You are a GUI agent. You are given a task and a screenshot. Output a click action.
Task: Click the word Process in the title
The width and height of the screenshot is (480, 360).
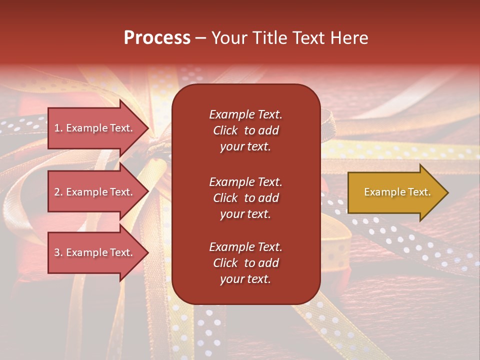tap(157, 38)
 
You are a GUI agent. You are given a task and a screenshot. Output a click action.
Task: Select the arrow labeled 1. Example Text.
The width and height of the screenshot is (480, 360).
tap(95, 128)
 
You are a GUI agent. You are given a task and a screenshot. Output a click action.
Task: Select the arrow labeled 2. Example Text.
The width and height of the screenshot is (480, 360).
tap(95, 192)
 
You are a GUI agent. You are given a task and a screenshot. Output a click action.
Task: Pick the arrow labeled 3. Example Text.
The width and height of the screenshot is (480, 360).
tap(95, 252)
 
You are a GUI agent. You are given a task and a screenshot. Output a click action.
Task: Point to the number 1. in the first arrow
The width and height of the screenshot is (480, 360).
tap(58, 128)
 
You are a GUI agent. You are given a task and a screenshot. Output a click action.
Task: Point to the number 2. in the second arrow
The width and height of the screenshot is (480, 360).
tap(58, 192)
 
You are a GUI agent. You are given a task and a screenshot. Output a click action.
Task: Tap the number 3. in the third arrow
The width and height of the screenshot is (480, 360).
tap(58, 252)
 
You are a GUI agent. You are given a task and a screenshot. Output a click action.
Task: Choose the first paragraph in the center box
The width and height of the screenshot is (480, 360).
tap(245, 130)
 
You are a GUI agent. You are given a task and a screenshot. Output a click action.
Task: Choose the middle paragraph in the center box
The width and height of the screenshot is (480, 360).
tap(245, 198)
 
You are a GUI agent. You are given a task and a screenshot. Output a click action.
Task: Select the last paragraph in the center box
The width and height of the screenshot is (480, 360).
tap(245, 263)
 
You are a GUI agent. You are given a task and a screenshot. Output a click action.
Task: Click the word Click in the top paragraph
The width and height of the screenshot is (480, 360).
tap(225, 130)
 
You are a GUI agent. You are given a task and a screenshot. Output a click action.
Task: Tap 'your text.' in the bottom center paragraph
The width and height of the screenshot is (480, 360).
tap(245, 279)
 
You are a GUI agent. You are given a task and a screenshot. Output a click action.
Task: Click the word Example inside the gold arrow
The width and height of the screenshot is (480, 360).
tap(382, 192)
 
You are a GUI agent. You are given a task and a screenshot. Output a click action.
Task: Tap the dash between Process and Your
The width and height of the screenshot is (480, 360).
tap(201, 38)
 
